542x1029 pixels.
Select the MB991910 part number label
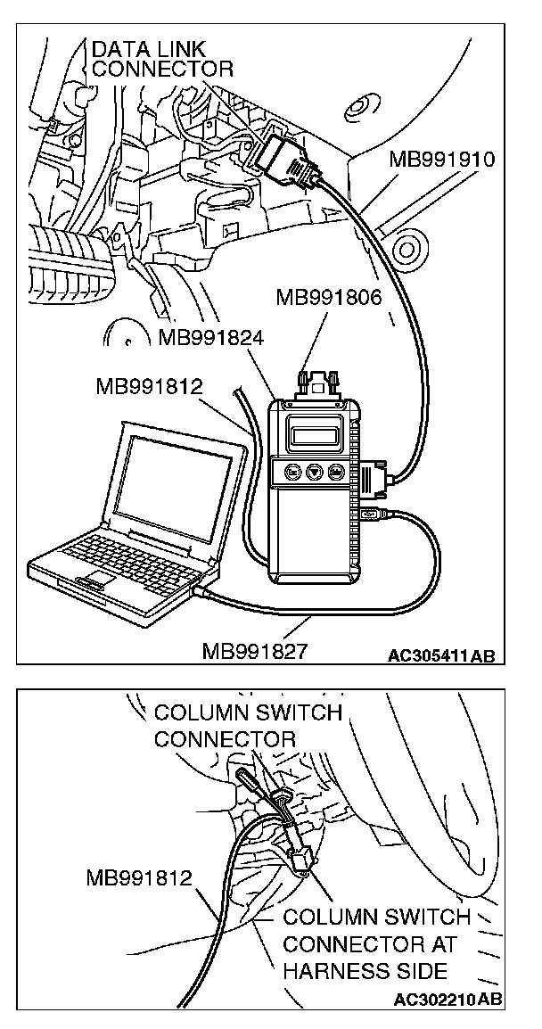click(441, 161)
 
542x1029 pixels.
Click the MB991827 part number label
click(255, 650)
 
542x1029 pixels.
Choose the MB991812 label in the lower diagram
click(140, 878)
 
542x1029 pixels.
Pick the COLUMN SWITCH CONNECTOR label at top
click(248, 726)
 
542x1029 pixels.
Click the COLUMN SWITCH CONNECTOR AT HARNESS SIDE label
click(376, 944)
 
